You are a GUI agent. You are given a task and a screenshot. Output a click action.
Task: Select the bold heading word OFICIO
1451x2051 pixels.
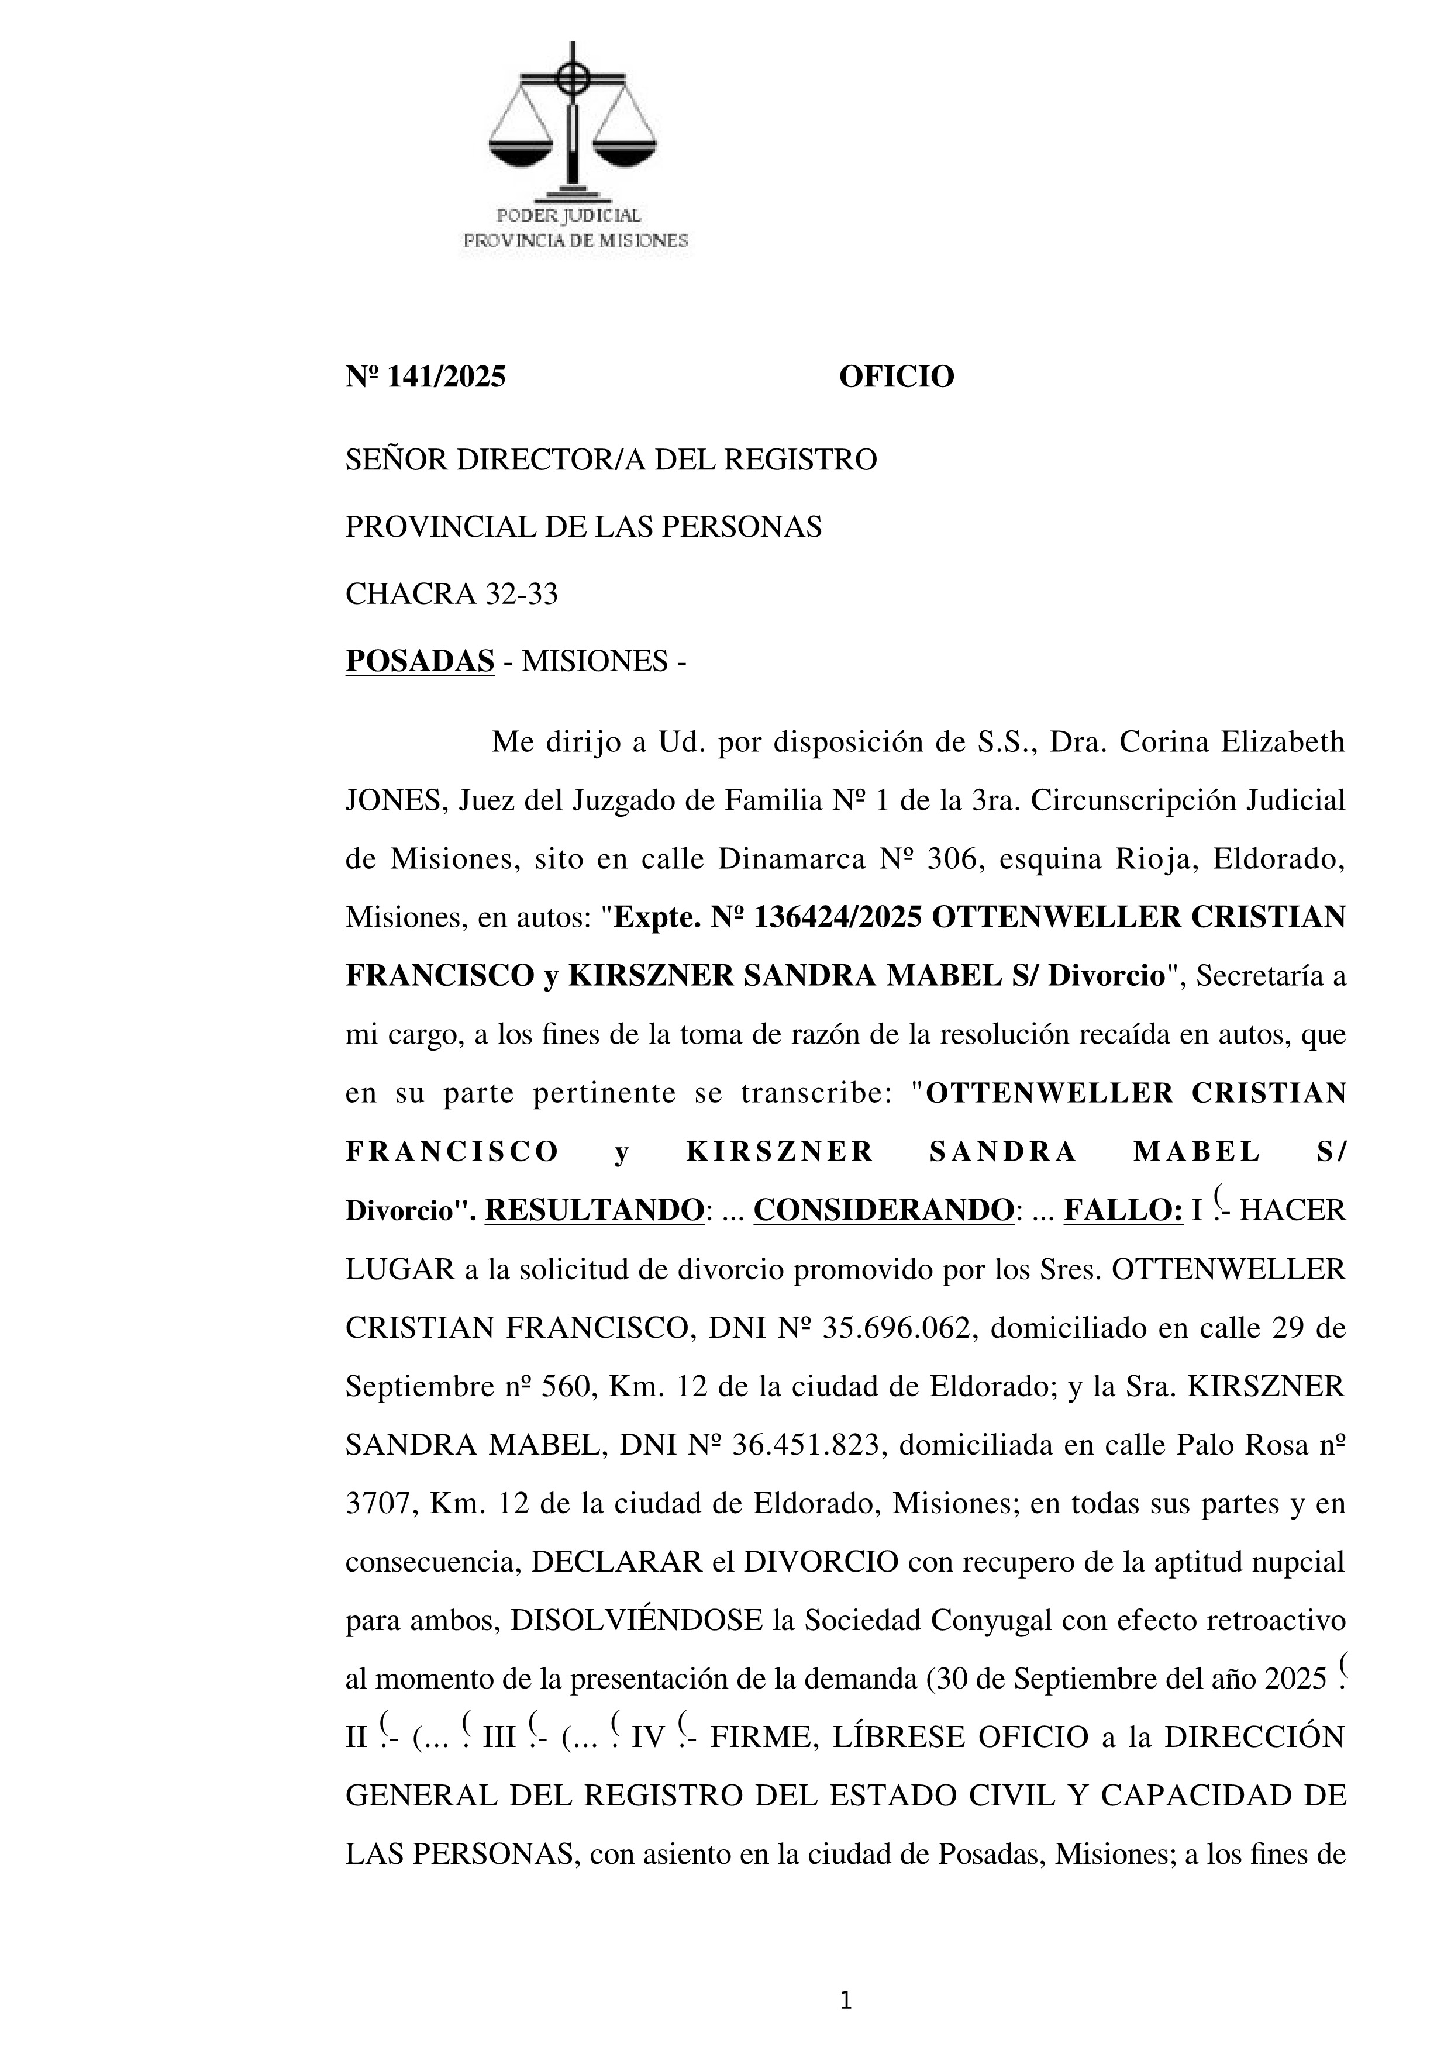896,377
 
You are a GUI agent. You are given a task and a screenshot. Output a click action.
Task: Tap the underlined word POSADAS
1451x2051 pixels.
420,662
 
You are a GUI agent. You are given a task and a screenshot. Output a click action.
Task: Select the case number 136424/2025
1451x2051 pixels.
837,917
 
